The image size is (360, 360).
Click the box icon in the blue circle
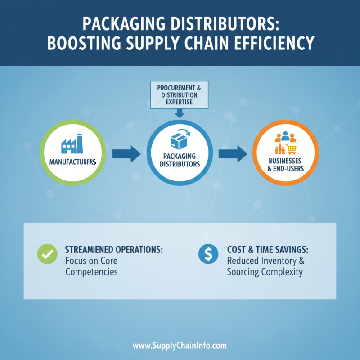pyautogui.click(x=180, y=139)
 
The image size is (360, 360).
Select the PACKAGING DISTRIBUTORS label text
pyautogui.click(x=180, y=160)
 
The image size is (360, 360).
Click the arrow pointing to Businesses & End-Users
pyautogui.click(x=233, y=153)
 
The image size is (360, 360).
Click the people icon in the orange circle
pyautogui.click(x=285, y=136)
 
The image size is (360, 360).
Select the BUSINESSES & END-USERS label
pyautogui.click(x=285, y=165)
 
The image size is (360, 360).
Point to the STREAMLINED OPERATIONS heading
pyautogui.click(x=113, y=249)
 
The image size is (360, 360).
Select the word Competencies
pyautogui.click(x=91, y=272)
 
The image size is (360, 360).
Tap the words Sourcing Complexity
pyautogui.click(x=265, y=272)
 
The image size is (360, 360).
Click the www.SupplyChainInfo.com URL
pyautogui.click(x=180, y=346)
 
